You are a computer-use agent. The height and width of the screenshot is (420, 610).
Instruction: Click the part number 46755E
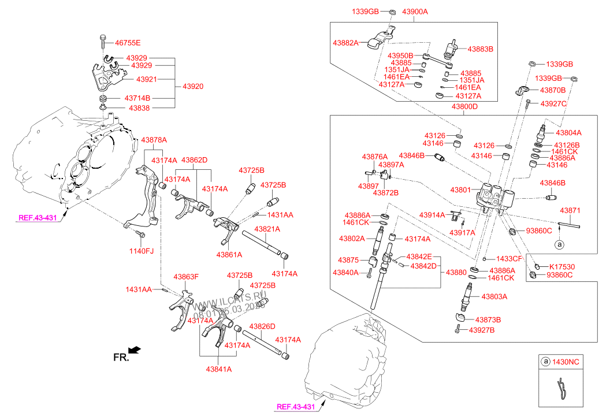coord(128,43)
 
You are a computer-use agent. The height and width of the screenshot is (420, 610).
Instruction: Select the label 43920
coord(193,86)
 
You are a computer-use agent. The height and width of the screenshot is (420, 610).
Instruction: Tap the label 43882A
coord(345,43)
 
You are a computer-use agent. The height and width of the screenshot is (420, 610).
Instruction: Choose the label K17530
coord(561,266)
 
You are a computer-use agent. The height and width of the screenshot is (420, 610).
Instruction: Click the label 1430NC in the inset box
coord(567,362)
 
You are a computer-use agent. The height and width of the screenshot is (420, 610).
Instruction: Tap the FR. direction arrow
coord(135,350)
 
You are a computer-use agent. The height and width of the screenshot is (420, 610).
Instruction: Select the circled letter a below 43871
coord(559,244)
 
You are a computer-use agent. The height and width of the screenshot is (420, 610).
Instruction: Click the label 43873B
coord(488,319)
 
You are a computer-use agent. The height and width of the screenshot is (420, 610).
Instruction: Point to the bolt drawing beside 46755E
coord(103,42)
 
